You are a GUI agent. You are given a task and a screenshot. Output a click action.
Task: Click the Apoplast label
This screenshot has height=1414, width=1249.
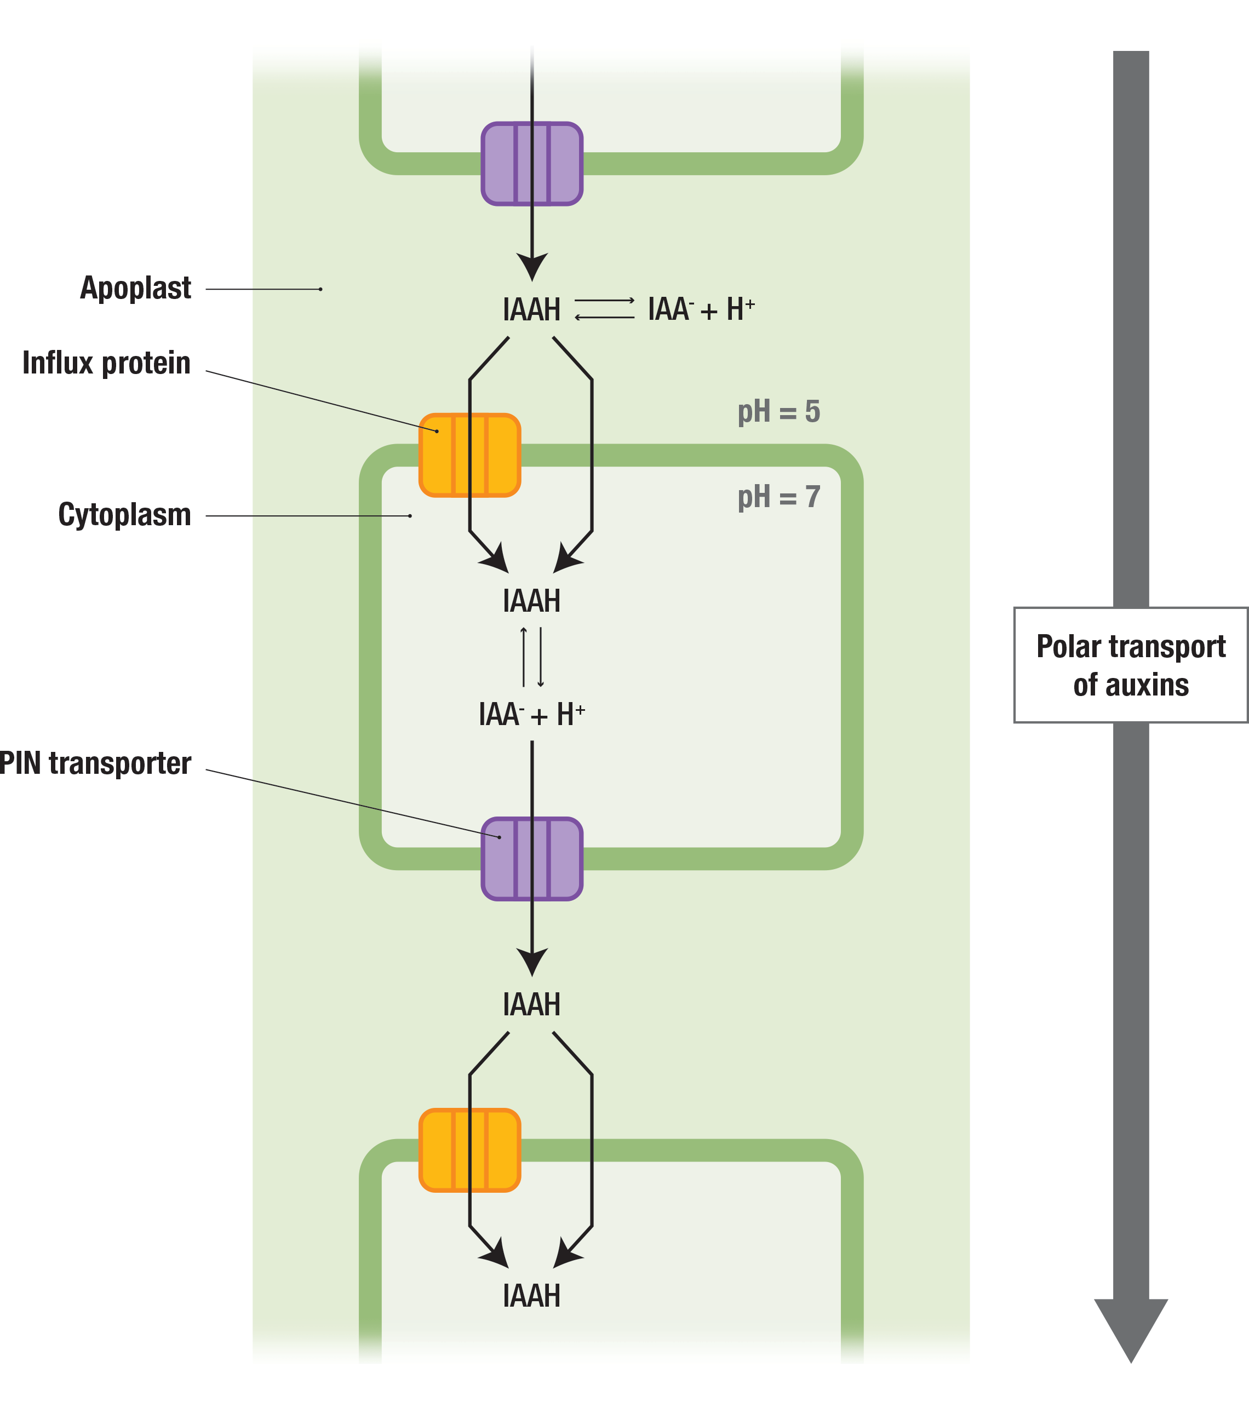(x=136, y=288)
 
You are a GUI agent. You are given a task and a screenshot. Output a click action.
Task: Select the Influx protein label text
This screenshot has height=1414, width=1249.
(x=107, y=363)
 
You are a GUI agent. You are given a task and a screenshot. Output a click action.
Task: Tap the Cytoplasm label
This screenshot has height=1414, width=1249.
(x=124, y=515)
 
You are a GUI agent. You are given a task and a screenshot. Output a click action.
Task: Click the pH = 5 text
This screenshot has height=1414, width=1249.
(x=778, y=412)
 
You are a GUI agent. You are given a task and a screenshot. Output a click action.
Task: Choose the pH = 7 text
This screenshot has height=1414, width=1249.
(x=778, y=497)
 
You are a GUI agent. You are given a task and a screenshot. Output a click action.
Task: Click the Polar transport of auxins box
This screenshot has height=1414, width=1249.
(x=1131, y=665)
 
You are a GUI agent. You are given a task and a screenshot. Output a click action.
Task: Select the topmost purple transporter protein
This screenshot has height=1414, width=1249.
(x=532, y=164)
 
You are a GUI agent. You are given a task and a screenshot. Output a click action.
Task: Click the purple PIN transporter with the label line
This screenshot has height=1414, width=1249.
(x=532, y=859)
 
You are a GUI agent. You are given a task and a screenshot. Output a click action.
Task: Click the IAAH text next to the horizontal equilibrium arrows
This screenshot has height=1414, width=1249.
(x=531, y=310)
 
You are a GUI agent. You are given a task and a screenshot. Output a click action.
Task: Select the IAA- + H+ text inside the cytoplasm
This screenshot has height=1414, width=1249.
(x=531, y=715)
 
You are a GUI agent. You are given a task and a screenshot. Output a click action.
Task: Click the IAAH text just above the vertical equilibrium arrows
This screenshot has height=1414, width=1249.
(x=531, y=601)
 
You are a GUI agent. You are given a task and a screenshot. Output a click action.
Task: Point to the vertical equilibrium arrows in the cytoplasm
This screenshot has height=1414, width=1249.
(x=532, y=657)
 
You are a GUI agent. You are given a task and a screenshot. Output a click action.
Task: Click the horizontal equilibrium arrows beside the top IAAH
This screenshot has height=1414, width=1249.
(x=604, y=308)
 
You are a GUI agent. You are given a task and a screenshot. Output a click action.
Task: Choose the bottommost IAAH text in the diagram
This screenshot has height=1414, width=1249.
(x=531, y=1296)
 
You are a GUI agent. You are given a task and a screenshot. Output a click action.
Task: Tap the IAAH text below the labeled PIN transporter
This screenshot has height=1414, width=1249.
(x=531, y=1004)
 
